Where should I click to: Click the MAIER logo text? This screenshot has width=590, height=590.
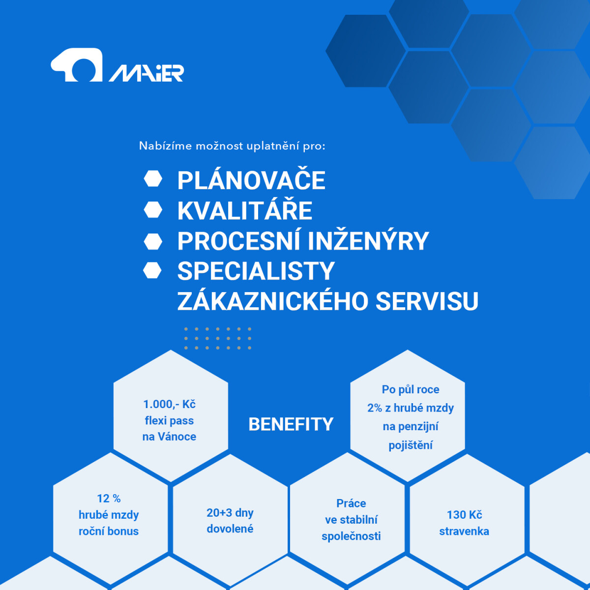pyautogui.click(x=147, y=73)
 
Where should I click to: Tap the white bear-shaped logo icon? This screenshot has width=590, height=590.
pyautogui.click(x=77, y=64)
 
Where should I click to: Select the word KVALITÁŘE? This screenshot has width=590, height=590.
pyautogui.click(x=245, y=210)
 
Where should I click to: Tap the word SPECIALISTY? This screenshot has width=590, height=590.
pyautogui.click(x=256, y=271)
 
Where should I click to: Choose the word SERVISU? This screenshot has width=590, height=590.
pyautogui.click(x=427, y=301)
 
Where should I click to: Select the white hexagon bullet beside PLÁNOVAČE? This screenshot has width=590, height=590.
pyautogui.click(x=153, y=179)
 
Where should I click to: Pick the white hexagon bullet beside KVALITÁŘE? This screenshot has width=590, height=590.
pyautogui.click(x=153, y=210)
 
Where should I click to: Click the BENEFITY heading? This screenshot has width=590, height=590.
pyautogui.click(x=291, y=424)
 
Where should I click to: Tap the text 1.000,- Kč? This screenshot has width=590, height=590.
pyautogui.click(x=169, y=404)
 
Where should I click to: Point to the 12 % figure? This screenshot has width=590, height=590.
pyautogui.click(x=109, y=499)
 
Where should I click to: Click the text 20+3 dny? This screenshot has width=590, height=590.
pyautogui.click(x=230, y=513)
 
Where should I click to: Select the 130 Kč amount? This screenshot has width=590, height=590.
pyautogui.click(x=464, y=515)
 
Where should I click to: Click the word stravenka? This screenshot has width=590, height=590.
pyautogui.click(x=464, y=531)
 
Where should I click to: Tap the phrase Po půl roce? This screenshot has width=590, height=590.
pyautogui.click(x=411, y=389)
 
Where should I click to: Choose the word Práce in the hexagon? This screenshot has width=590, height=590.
pyautogui.click(x=351, y=503)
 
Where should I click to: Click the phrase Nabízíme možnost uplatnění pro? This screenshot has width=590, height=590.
pyautogui.click(x=232, y=146)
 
